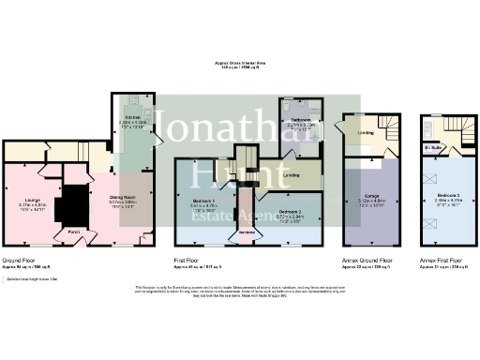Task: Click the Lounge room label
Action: pos(33,172)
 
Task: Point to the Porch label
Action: pos(73,230)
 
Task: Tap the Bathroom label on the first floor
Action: pos(300,120)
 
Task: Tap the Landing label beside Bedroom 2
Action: pos(292,174)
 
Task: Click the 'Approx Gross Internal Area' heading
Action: pos(240,64)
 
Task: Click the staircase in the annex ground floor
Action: pos(386,126)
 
